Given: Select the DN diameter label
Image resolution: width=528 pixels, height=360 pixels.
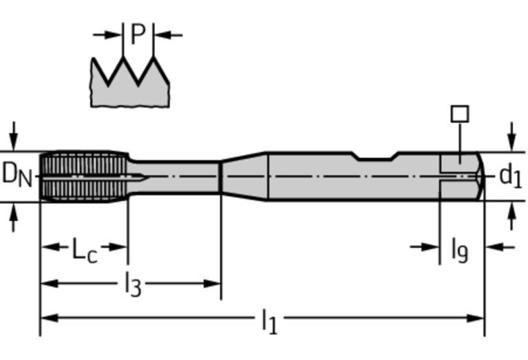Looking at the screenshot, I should tap(17, 175).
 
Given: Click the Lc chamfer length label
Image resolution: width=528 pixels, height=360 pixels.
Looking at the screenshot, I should tap(85, 248).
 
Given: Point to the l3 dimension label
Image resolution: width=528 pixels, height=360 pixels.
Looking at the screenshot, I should tap(133, 284).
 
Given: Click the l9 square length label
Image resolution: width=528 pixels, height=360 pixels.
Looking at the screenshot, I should tap(459, 248).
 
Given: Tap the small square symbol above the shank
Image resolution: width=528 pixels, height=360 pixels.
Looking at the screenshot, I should tap(460, 114).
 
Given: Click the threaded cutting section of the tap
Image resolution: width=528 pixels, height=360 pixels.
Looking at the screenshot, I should tap(83, 176).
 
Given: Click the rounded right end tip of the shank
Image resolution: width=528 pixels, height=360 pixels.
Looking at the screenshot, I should tap(480, 176).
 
